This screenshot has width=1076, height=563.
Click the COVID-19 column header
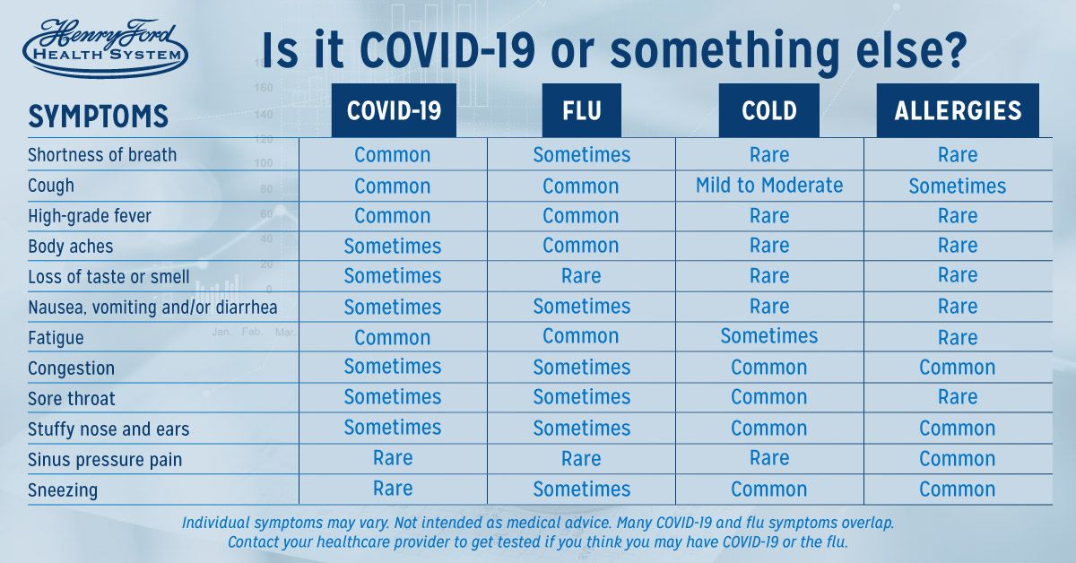click(394, 110)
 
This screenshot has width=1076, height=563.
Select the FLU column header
click(582, 110)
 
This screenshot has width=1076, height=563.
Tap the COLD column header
click(769, 110)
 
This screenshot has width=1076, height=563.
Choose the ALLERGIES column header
click(958, 110)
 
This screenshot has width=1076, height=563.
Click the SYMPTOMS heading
click(98, 117)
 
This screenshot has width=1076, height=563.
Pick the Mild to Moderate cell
click(769, 186)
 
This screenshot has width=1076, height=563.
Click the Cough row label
click(51, 186)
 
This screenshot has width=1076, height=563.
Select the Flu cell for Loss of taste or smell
click(581, 276)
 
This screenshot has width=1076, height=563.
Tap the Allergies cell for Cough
click(958, 186)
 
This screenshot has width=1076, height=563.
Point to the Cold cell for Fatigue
click(769, 336)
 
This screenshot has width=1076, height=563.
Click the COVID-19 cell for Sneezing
click(393, 489)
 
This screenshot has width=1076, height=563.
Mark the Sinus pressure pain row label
click(105, 460)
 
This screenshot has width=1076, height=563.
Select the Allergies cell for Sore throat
click(958, 397)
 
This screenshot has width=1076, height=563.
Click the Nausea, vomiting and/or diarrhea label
click(152, 307)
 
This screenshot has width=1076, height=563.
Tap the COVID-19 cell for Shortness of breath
click(393, 155)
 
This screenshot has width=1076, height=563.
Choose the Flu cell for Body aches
click(581, 246)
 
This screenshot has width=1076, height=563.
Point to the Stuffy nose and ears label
click(108, 429)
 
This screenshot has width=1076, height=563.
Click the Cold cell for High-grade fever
click(769, 216)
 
